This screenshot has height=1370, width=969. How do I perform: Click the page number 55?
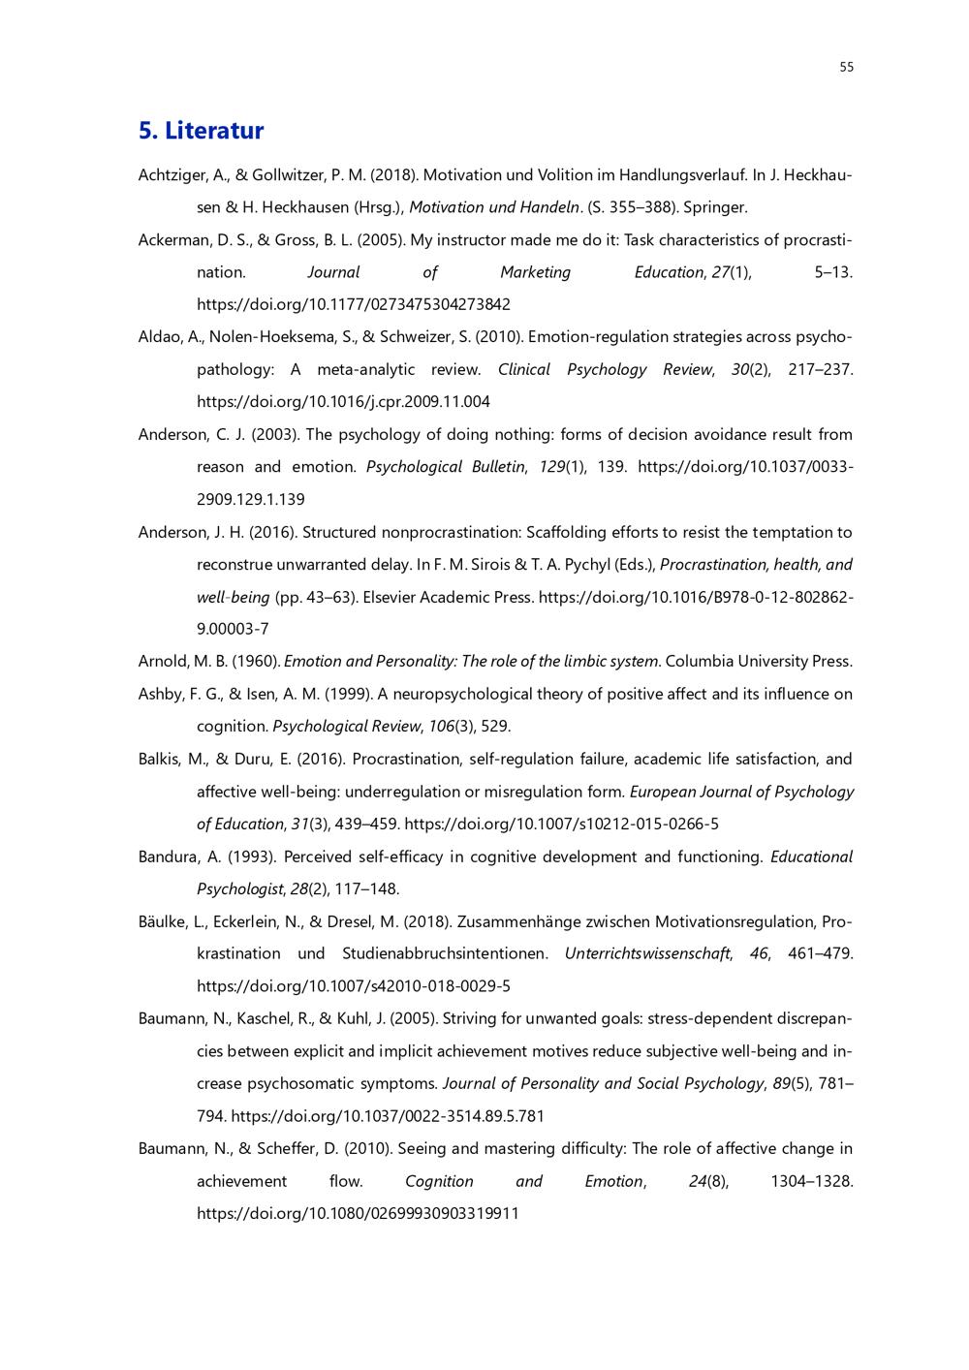pos(846,67)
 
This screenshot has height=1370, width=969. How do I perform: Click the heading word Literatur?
pos(213,130)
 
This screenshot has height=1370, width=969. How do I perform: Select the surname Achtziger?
pos(171,175)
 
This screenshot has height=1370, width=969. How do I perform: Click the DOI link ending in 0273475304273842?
pos(353,304)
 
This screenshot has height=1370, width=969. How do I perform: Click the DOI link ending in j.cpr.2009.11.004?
pos(343,401)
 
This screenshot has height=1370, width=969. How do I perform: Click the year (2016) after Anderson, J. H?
pos(273,532)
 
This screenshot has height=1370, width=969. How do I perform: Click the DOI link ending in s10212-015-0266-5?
pos(561,824)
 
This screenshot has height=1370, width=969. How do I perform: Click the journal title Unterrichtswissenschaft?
pos(647,953)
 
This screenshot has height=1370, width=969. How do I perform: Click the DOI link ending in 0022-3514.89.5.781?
pos(388,1116)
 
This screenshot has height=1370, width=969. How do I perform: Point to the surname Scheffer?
pos(296,1148)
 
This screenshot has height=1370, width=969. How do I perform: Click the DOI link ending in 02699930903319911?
pos(358,1213)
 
